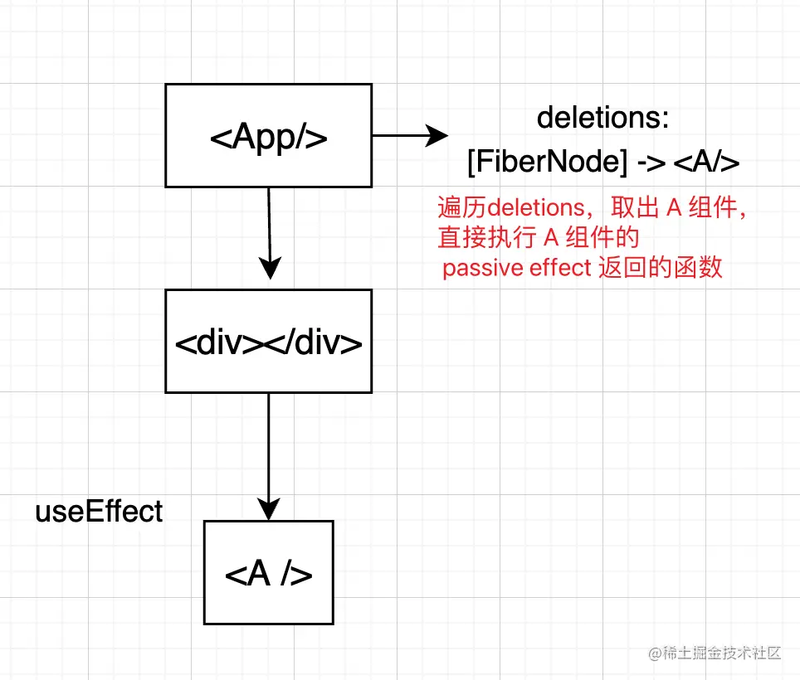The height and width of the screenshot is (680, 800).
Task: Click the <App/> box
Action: [x=268, y=135]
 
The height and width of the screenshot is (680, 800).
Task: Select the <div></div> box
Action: [x=268, y=341]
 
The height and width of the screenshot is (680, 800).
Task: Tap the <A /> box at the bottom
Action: [x=268, y=572]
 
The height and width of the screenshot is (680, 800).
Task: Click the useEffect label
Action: [x=99, y=512]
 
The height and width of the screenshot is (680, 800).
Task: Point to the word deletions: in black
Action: [x=603, y=118]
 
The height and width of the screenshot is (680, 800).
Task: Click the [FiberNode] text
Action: [x=547, y=163]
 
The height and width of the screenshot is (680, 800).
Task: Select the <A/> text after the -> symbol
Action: [x=705, y=163]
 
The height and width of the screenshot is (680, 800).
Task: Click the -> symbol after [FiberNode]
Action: [x=650, y=163]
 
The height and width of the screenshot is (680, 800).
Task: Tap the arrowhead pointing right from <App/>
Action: [x=437, y=135]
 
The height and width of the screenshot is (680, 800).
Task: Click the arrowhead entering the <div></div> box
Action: [x=268, y=269]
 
